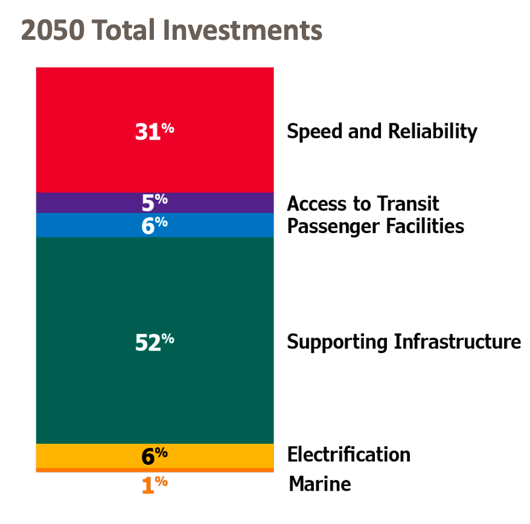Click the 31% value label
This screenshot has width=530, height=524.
coord(154,131)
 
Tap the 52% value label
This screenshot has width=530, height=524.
coord(154,342)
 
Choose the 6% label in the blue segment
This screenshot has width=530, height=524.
coord(154,225)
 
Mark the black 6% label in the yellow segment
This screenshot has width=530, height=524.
coord(154,456)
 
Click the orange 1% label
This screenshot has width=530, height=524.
coord(154,484)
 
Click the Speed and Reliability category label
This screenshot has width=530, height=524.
coord(382,131)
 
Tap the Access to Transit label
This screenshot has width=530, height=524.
coord(363,203)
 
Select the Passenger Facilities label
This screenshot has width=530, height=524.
coord(375,226)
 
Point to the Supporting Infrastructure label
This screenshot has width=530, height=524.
coord(403,342)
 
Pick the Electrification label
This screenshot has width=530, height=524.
coord(348,454)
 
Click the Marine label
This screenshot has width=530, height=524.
coord(319,484)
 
